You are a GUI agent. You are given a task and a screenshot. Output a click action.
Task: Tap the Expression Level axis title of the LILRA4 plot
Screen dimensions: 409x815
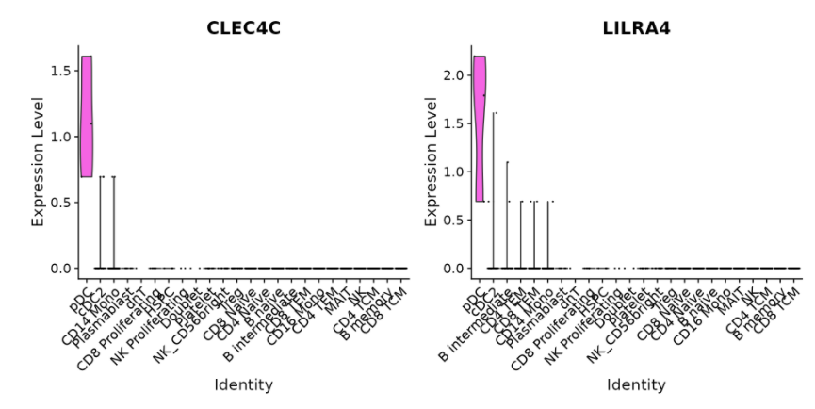click(x=432, y=157)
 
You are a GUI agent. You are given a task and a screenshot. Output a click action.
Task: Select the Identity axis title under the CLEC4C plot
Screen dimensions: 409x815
click(x=244, y=384)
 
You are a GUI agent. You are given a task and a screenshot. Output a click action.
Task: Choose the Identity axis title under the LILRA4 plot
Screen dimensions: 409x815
click(x=638, y=384)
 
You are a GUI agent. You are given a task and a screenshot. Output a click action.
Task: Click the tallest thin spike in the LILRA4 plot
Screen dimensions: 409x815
click(x=493, y=188)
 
